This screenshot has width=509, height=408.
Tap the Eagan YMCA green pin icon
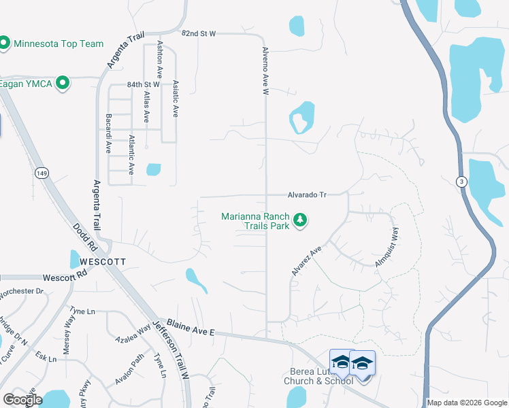click(63, 84)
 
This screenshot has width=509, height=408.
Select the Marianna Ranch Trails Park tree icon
click(300, 220)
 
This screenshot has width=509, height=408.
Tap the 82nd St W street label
click(198, 33)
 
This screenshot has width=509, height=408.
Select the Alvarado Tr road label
click(306, 194)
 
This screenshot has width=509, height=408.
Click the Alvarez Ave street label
click(306, 261)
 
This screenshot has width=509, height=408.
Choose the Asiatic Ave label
click(176, 99)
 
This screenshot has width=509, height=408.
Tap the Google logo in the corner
click(22, 400)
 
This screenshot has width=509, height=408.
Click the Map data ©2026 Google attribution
click(467, 403)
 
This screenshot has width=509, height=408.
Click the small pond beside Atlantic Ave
click(153, 169)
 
